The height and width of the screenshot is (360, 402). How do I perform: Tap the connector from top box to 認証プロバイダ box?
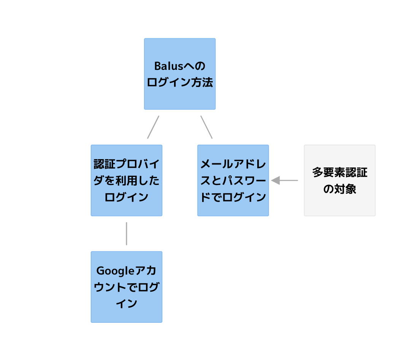153,127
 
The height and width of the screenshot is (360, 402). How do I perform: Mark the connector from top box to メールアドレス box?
206,127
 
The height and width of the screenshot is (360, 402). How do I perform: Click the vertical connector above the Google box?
127,234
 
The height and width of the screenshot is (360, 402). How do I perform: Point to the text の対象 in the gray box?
340,189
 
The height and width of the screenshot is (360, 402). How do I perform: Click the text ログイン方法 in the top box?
180,82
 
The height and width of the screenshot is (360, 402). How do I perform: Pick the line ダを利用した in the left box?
127,181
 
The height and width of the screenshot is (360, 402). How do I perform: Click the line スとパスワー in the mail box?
233,181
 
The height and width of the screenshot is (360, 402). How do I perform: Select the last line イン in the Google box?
127,304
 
